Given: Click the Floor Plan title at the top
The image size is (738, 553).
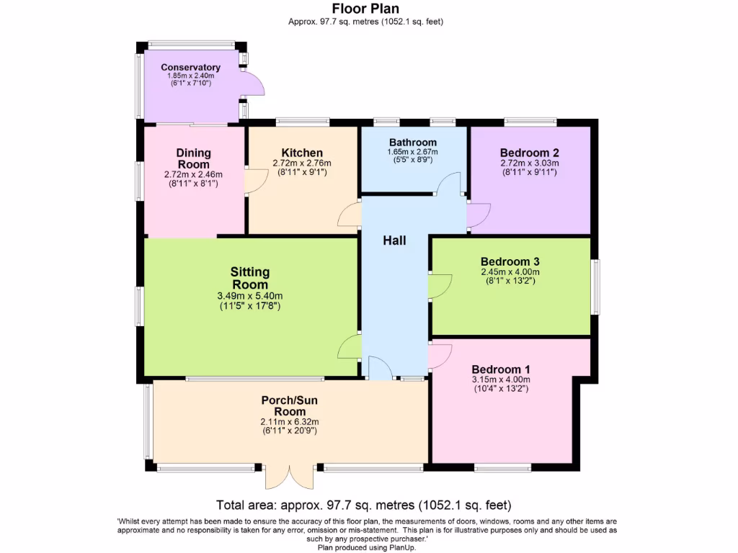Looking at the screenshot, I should coord(365,9).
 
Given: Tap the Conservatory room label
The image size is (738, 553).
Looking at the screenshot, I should coord(190,68).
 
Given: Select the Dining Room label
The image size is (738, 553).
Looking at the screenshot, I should coord(193,158).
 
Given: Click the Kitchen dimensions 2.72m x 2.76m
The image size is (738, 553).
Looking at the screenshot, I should coord(302,163).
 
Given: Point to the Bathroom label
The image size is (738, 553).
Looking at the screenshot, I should coord(412,142).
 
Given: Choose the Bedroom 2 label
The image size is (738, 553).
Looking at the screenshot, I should coord(529,153).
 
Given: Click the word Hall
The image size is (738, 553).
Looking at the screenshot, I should coord(394,240).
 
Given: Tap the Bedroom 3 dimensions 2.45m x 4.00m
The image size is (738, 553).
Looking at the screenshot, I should coord(510,272).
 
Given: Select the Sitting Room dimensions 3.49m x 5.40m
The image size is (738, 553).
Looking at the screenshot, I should coord(249,296).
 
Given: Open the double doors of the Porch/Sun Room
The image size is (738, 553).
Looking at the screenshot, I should coord(289,477).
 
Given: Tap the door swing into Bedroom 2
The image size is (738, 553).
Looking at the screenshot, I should coord(478,214).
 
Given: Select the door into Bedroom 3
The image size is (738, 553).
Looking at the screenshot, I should coord(440,286).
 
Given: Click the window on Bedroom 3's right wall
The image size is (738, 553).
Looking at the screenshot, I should coord(595,287).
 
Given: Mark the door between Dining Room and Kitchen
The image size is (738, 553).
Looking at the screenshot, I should coord(254,181).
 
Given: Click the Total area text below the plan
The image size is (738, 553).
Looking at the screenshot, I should coord(364,505).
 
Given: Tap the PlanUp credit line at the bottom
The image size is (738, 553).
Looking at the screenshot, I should coord(365,547).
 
